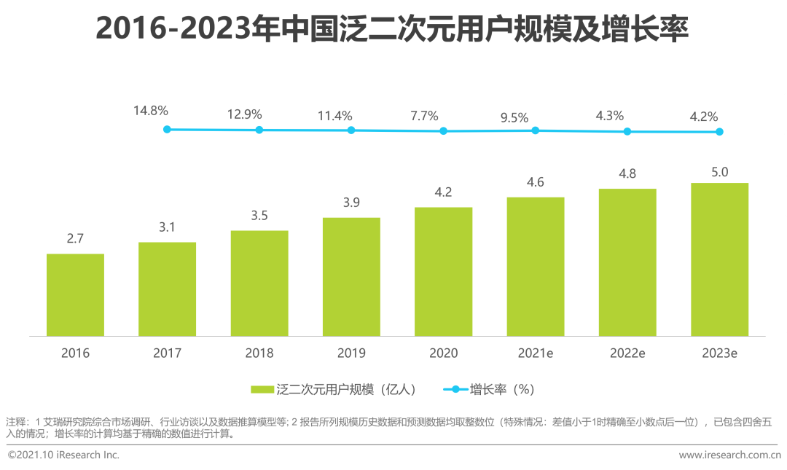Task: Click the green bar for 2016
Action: [x=75, y=294]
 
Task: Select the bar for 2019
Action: [x=351, y=276]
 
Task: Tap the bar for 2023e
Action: [x=719, y=259]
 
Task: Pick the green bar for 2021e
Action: [x=536, y=266]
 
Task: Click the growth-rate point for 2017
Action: [x=167, y=129]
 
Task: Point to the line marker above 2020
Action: [x=443, y=131]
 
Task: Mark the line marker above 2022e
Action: [x=627, y=131]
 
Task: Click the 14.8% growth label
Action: [x=151, y=111]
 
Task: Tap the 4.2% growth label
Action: [x=703, y=116]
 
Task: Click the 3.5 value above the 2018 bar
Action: [x=259, y=216]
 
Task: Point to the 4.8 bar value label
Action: [x=627, y=174]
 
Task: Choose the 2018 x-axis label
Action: [x=259, y=353]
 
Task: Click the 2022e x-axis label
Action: [x=627, y=353]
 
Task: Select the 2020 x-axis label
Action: [x=443, y=353]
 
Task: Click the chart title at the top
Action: [x=393, y=31]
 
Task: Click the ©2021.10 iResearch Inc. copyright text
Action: [x=63, y=455]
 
